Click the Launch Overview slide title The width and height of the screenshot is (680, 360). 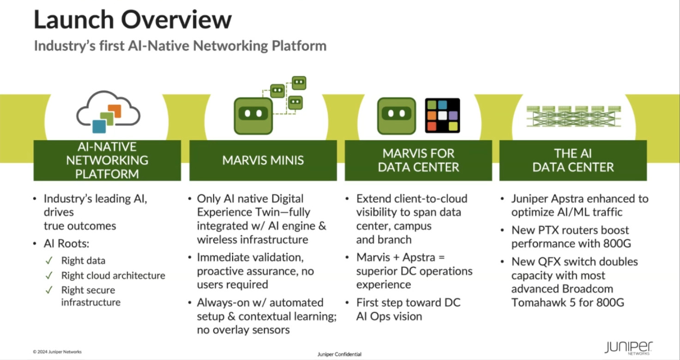click(x=132, y=20)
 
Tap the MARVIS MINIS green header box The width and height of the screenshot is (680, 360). click(x=263, y=160)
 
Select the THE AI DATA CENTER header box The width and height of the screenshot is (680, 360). click(x=573, y=160)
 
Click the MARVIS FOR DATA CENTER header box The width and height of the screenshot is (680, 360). click(x=418, y=160)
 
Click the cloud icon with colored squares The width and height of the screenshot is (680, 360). click(x=108, y=112)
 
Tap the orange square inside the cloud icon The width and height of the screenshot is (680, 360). click(x=115, y=111)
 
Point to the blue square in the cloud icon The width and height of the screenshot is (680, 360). click(x=99, y=126)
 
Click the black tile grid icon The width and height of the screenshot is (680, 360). click(x=442, y=115)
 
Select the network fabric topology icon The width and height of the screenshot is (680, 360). click(x=573, y=117)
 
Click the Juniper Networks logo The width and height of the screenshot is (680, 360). click(x=628, y=348)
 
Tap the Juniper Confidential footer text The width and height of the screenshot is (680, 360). click(x=339, y=354)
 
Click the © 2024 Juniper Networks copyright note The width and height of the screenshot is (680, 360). click(x=57, y=352)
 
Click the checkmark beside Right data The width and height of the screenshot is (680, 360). click(x=49, y=260)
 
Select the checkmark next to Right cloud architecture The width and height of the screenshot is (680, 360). click(x=49, y=276)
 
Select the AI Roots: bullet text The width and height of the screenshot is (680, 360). click(x=66, y=243)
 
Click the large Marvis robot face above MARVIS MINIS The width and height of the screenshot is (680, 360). click(x=253, y=116)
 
